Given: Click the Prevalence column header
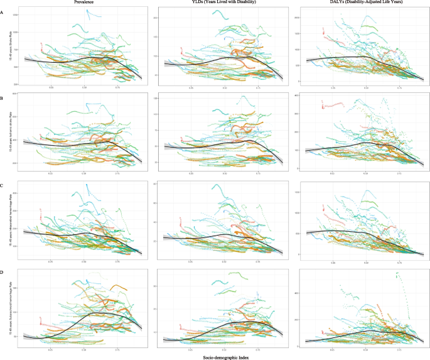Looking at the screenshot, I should pyautogui.click(x=83, y=3).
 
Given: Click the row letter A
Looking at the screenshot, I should pyautogui.click(x=3, y=11).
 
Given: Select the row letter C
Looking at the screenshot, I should pyautogui.click(x=3, y=185).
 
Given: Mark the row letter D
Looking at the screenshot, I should pyautogui.click(x=3, y=271).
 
